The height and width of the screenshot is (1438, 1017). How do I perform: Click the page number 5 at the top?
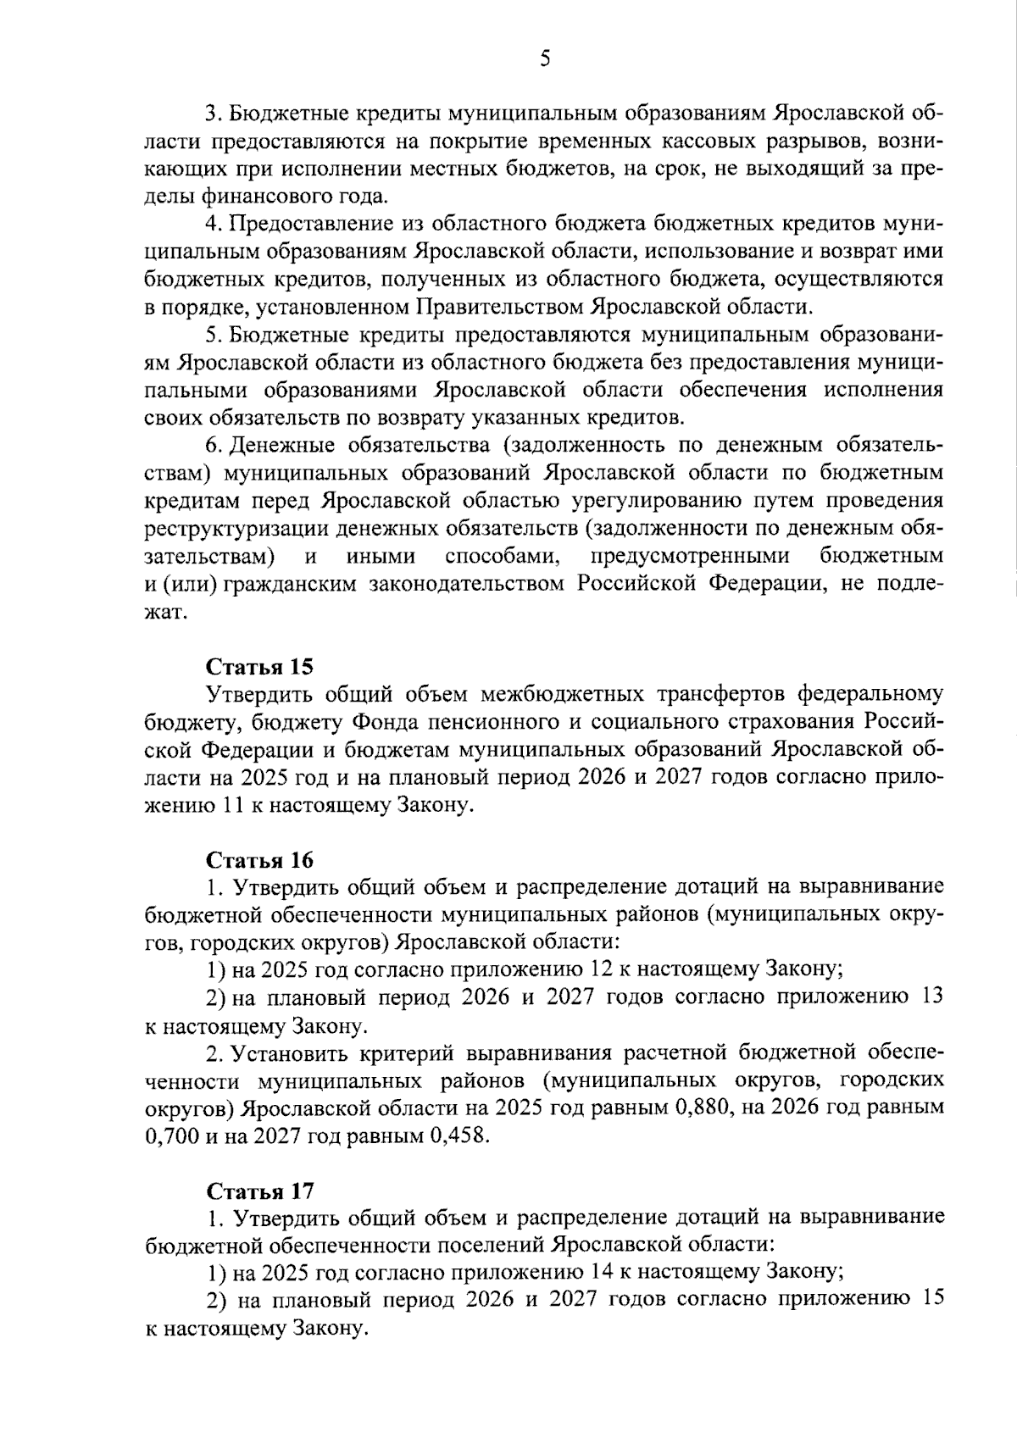click(x=546, y=58)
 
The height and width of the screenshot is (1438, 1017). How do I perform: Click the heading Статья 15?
click(x=260, y=666)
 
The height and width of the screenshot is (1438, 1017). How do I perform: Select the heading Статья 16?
click(x=260, y=860)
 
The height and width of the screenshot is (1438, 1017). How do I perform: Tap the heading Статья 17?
click(x=260, y=1191)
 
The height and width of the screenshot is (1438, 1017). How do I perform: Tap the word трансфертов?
click(x=722, y=695)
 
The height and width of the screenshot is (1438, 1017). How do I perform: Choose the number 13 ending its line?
click(x=931, y=997)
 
